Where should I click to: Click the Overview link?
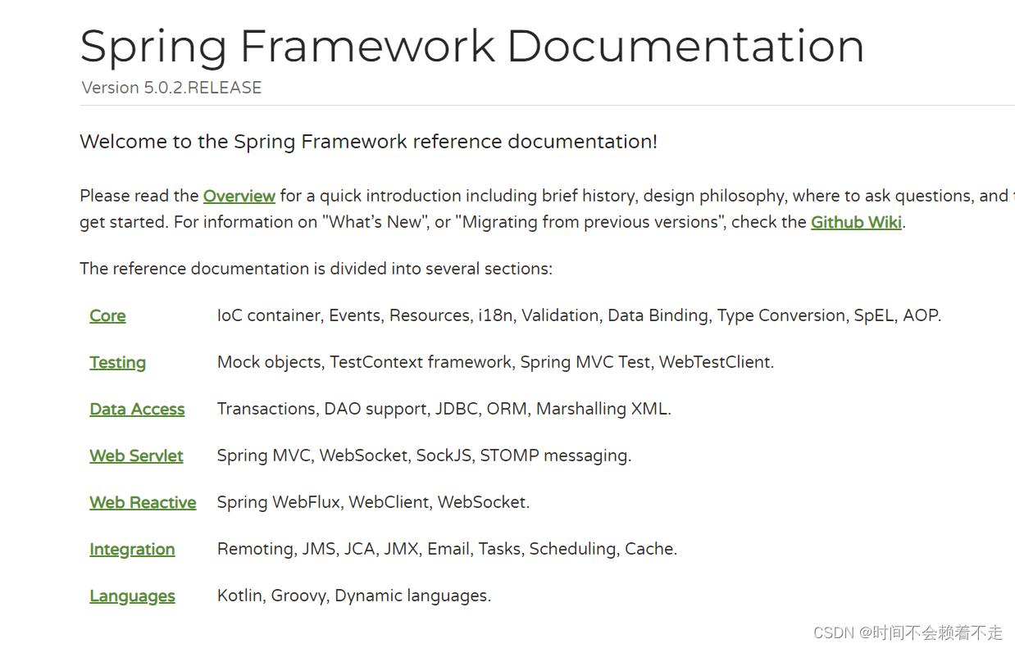pos(239,196)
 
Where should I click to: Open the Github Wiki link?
pos(856,222)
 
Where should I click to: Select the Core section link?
pos(107,316)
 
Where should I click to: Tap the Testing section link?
pos(117,363)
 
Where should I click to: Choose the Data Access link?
pos(137,410)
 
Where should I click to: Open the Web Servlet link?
pos(136,456)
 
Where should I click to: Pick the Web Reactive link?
pos(143,503)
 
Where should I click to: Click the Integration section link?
pos(132,550)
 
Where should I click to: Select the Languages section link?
pos(132,596)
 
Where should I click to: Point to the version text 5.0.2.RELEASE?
pos(203,88)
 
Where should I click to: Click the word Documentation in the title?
pos(685,46)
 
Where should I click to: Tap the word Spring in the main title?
pos(153,48)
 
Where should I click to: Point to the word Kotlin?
pos(239,596)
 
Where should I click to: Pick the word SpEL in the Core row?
pos(873,316)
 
